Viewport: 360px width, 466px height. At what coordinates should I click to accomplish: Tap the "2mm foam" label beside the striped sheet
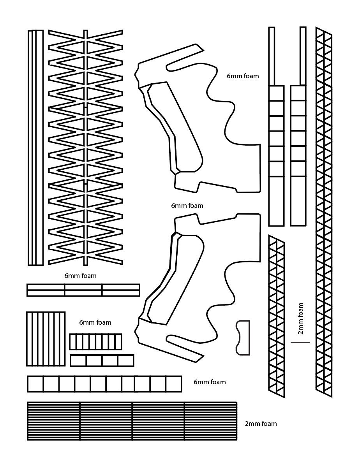pos(261,424)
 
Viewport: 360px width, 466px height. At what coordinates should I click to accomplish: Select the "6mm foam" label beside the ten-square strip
pos(210,382)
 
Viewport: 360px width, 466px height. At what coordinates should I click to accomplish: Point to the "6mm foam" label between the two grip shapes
pos(187,206)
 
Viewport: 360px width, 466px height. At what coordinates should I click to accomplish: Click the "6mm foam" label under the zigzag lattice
pos(80,276)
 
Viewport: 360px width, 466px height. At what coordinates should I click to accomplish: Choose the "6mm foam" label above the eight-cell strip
pos(95,322)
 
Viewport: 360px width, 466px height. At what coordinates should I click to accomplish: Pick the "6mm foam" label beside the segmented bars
pos(243,76)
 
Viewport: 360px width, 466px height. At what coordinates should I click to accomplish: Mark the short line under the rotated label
pos(300,342)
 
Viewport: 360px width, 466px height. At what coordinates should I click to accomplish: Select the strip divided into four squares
pos(102,360)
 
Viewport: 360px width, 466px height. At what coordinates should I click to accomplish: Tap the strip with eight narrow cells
pos(95,341)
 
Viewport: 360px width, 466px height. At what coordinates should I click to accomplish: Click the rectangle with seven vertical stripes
pos(46,339)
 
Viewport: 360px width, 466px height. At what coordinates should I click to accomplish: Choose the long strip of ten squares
pos(104,384)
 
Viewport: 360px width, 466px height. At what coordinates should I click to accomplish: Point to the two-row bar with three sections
pos(83,290)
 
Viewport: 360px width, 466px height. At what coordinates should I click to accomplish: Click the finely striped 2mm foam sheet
pos(132,421)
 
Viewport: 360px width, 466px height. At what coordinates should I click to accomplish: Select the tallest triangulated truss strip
pos(324,212)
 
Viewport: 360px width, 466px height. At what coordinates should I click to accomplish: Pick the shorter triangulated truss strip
pos(276,316)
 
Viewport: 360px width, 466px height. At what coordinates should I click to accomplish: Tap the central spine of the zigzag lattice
pos(86,148)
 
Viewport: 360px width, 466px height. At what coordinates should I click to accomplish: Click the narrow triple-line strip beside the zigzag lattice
pos(35,148)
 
